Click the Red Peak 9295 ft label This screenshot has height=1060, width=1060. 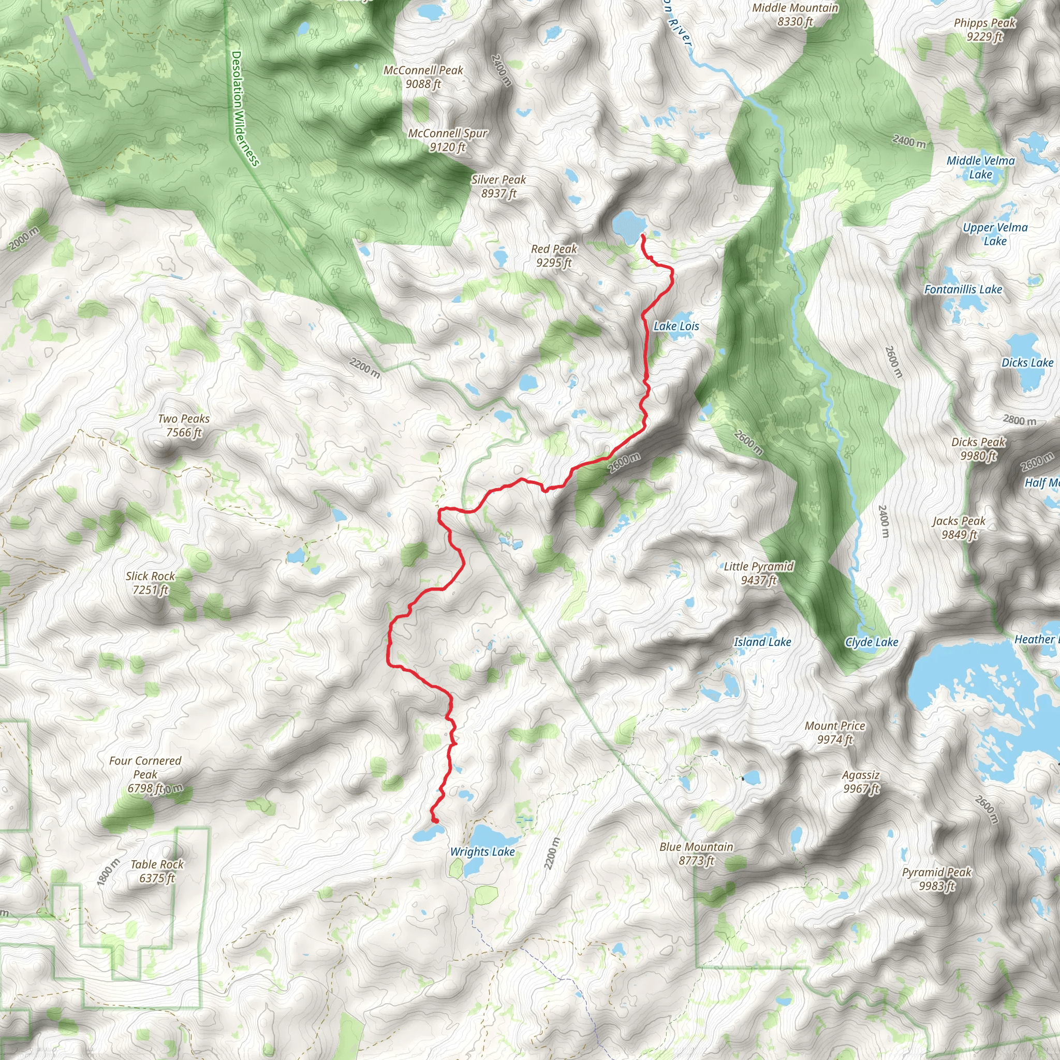point(554,256)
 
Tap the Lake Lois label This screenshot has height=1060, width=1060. point(676,327)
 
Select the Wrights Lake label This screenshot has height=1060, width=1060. point(482,851)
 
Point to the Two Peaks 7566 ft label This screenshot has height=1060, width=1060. point(184,425)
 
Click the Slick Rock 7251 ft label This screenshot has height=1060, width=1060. point(150,583)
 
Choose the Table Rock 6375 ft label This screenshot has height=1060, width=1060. point(157,871)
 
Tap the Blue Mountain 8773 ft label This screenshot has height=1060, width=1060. point(696,853)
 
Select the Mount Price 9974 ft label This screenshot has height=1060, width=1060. point(834,732)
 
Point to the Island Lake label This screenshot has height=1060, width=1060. point(762,642)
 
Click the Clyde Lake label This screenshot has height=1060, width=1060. point(871,642)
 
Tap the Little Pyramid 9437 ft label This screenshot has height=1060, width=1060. point(759,573)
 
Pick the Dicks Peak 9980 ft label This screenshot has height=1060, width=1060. point(978,448)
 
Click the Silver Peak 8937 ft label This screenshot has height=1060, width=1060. point(499,186)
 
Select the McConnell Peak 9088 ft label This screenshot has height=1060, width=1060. point(423,77)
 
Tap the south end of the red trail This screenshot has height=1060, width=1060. point(436,821)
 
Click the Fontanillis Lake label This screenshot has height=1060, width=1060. point(963,289)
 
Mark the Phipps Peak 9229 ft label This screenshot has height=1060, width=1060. point(984,30)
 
